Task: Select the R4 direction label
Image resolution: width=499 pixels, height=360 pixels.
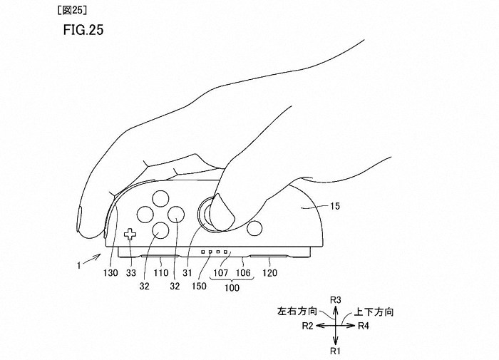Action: tap(364, 326)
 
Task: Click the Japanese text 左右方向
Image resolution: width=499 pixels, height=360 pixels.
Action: tap(293, 312)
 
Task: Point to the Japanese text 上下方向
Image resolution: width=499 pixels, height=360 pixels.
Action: tap(375, 312)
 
